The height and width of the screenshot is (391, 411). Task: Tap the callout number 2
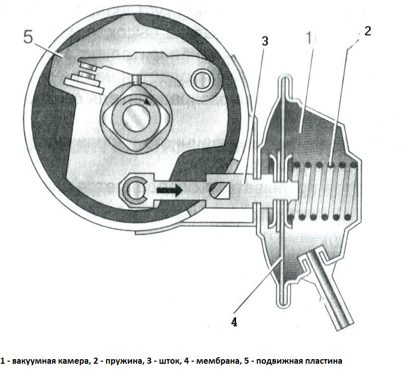[367, 31]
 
